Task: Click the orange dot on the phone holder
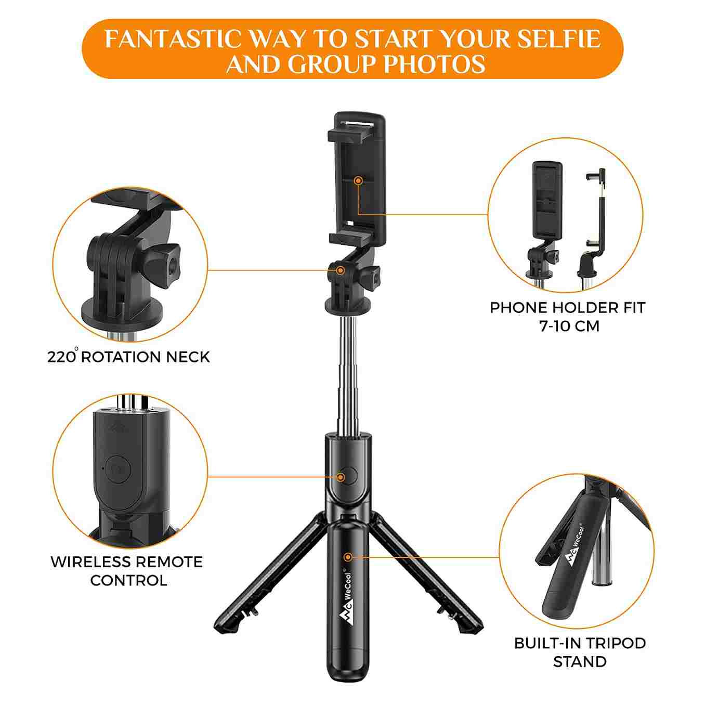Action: click(359, 180)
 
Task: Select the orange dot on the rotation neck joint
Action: click(340, 270)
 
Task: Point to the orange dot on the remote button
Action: click(341, 477)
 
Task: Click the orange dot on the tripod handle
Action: click(348, 557)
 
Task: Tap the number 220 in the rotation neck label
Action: click(61, 357)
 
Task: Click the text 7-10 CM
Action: click(570, 326)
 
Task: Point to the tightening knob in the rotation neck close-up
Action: click(161, 263)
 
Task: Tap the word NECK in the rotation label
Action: click(188, 357)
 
